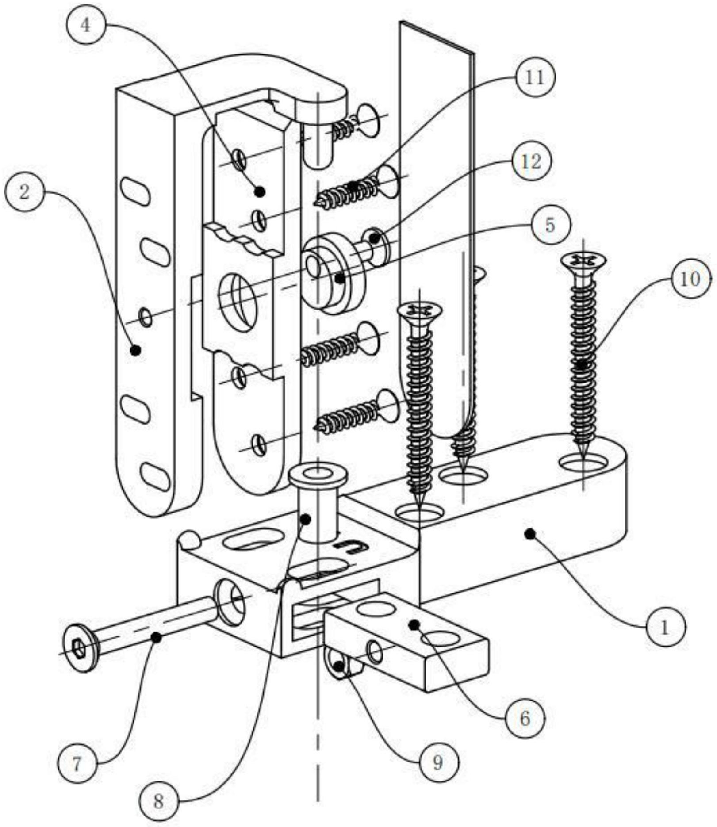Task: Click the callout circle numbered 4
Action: click(86, 26)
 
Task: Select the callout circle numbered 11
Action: click(535, 78)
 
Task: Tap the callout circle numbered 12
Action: click(532, 162)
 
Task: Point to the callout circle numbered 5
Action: click(550, 226)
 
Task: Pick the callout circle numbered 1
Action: click(665, 627)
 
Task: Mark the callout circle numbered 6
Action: click(525, 718)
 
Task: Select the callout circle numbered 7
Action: click(77, 764)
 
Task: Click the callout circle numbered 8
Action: click(158, 801)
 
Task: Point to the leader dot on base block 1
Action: click(530, 534)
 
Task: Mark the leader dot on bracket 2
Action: click(136, 350)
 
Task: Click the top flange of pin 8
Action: click(318, 475)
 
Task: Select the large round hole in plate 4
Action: click(238, 302)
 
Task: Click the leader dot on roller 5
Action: click(339, 279)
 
